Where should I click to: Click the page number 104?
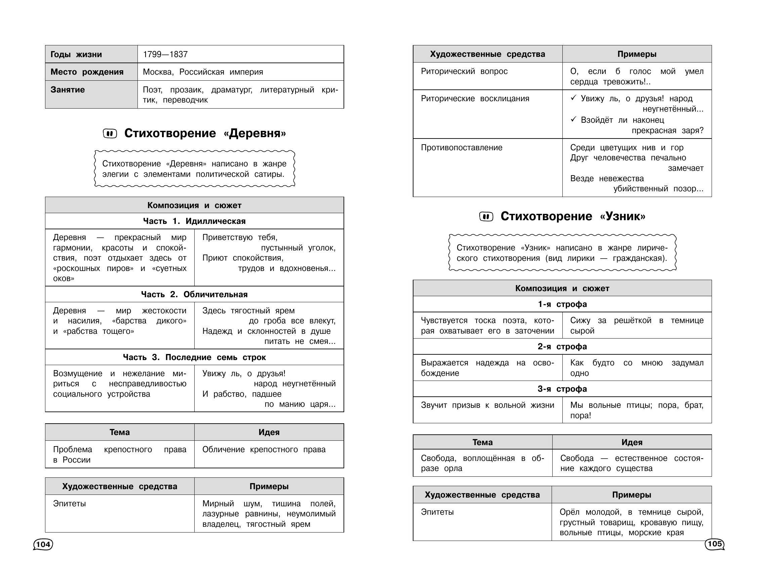point(43,545)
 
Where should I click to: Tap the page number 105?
point(714,544)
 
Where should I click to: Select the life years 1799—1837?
point(165,54)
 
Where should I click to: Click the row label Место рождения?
point(87,72)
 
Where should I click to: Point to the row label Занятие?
point(68,90)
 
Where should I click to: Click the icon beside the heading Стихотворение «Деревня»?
point(110,133)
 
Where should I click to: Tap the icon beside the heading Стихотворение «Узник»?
point(486,217)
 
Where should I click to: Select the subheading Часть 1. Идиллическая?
point(194,221)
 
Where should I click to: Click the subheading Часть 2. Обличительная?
point(194,295)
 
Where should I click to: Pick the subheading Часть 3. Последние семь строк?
point(194,357)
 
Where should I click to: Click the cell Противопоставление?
point(461,148)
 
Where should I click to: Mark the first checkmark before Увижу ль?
point(573,98)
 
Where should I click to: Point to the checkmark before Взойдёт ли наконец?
point(573,120)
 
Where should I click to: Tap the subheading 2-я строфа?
point(562,347)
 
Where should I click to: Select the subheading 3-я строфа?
point(562,389)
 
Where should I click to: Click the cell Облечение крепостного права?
point(264,450)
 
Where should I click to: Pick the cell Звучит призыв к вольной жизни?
point(487,405)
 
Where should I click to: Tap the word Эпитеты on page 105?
point(437,512)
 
